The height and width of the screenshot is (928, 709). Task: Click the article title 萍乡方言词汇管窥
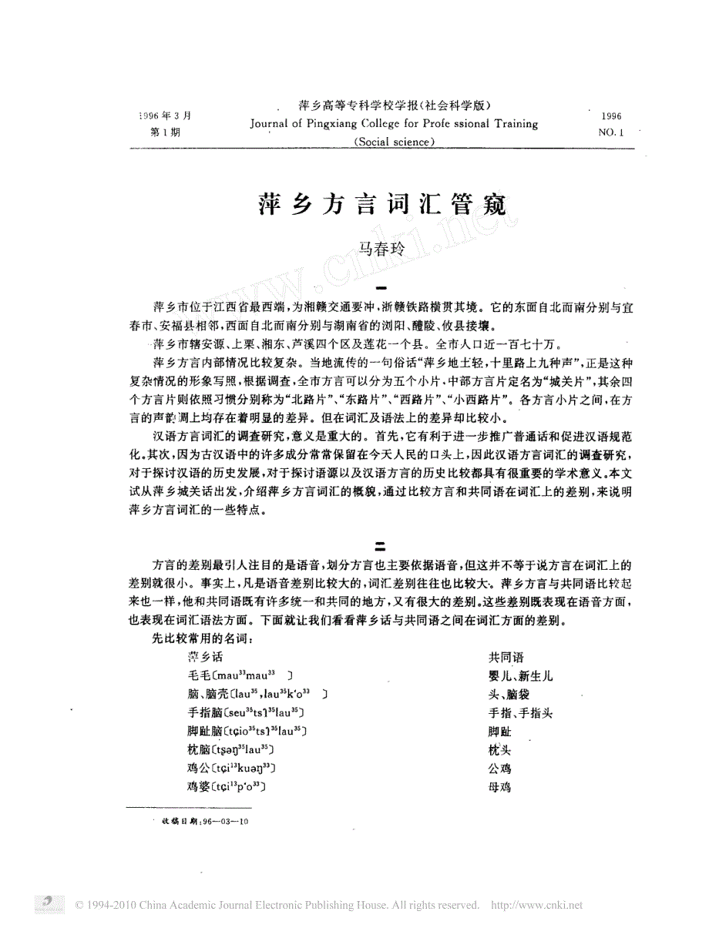pos(383,205)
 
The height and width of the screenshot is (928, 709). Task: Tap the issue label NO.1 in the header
pos(610,132)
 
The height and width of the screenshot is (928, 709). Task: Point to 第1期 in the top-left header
pos(163,132)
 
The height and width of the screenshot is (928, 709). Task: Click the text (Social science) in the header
pos(394,141)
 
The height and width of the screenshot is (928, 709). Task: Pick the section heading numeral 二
pos(379,548)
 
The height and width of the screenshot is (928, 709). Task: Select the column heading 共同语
pos(506,657)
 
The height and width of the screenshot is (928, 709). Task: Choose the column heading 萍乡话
pos(205,657)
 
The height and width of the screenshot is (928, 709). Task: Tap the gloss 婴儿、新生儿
pos(520,675)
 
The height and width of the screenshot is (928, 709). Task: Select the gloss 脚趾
pos(499,731)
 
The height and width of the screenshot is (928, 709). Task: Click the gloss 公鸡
pos(499,768)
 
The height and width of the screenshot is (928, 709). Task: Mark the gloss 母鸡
pos(499,786)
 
